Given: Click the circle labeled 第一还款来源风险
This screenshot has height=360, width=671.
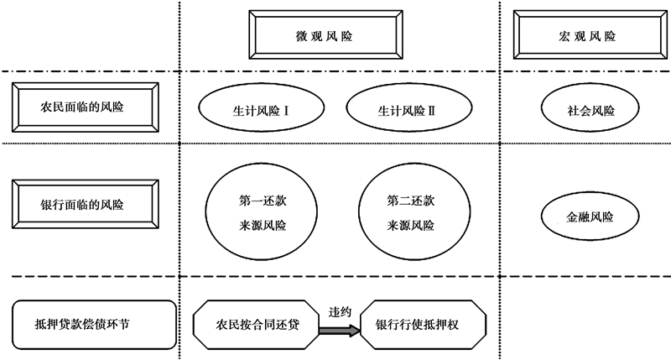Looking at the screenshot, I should [255, 213].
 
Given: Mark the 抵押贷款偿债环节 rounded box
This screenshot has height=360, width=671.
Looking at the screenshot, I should [94, 322].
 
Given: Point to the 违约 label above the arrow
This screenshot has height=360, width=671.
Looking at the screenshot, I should [341, 311].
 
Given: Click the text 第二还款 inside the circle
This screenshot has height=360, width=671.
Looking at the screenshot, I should [411, 202].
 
